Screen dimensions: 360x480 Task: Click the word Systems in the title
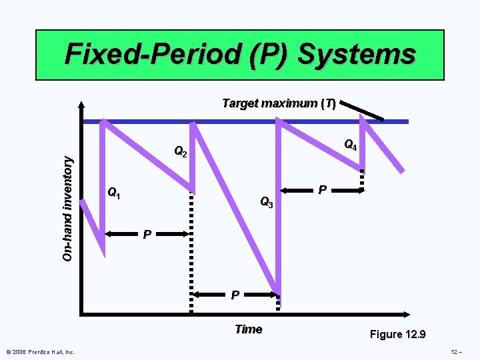point(357,54)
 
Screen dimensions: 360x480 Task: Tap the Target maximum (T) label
point(279,103)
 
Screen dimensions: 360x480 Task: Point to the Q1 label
point(114,194)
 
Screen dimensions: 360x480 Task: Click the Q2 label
point(181,152)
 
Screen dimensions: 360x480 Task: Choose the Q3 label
point(267,201)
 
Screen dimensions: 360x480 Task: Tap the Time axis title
point(249,329)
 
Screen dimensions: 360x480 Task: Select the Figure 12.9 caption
point(398,334)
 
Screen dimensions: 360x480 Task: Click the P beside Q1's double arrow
point(148,235)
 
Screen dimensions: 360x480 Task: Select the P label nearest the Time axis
point(235,295)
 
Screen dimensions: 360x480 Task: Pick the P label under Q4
point(322,191)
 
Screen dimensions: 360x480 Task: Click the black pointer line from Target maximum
point(361,109)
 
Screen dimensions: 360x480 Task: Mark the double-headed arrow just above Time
point(235,294)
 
